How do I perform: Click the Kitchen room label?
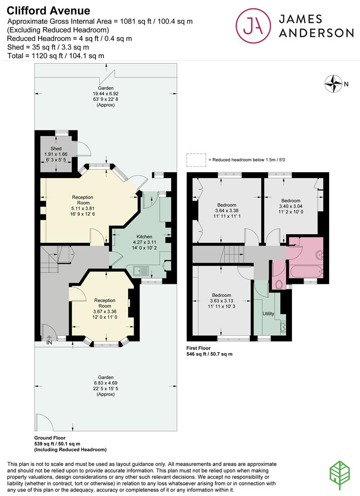[x=144, y=237]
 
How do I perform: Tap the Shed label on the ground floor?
[x=56, y=148]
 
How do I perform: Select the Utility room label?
[x=268, y=314]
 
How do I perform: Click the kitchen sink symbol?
[x=141, y=271]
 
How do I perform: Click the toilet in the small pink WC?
[x=279, y=285]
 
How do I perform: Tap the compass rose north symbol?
[x=333, y=84]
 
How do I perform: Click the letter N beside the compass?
[x=346, y=84]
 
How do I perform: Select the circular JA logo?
[x=253, y=26]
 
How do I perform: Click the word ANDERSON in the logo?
[x=316, y=33]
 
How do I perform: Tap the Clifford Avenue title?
[x=48, y=11]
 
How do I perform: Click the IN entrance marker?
[x=49, y=343]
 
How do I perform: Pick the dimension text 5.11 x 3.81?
[x=83, y=209]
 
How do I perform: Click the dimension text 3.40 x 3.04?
[x=291, y=206]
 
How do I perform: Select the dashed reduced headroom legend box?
[x=196, y=160]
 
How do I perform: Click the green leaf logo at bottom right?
[x=340, y=476]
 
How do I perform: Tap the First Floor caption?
[x=198, y=348]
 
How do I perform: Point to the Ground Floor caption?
[x=50, y=438]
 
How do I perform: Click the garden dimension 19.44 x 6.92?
[x=106, y=94]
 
